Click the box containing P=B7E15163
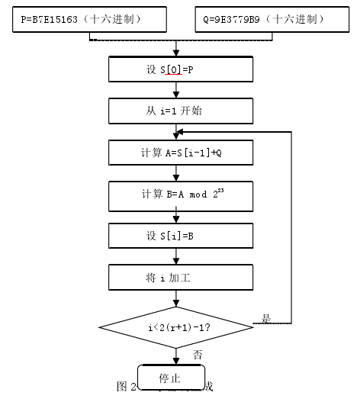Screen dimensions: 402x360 coord(88,18)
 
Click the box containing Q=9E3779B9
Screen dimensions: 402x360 coord(268,18)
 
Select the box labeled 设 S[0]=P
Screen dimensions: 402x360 coord(180,70)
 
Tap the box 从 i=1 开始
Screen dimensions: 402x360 coord(180,111)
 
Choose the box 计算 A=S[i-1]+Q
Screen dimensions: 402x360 coord(180,152)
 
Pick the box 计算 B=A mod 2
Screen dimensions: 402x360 coord(180,194)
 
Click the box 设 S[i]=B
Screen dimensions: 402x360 coord(180,236)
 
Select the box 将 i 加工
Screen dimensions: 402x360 coord(180,278)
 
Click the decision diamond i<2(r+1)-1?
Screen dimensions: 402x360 coord(176,327)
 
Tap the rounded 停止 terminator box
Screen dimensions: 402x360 coord(169,378)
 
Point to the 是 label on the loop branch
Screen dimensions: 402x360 coord(266,319)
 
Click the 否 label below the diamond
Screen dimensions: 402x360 coord(198,354)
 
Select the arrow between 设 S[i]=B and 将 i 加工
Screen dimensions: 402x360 coord(176,257)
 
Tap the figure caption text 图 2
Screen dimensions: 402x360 coord(126,387)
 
